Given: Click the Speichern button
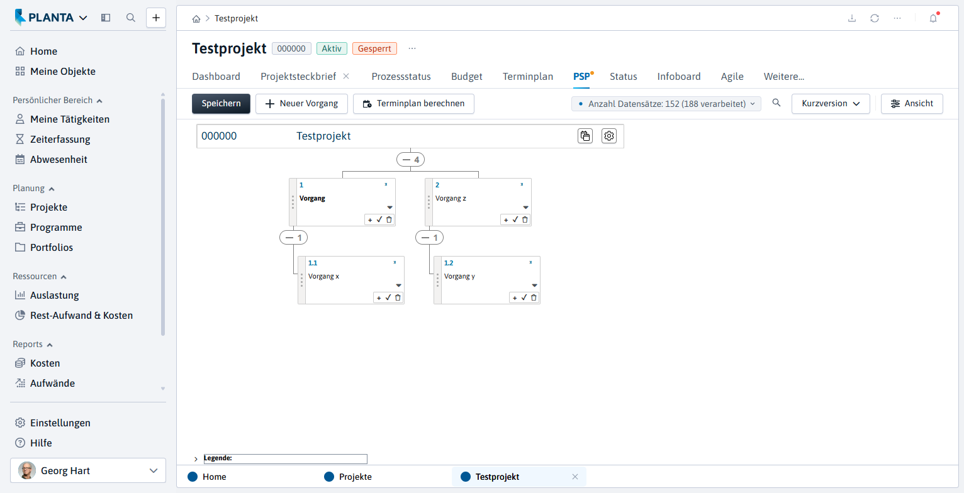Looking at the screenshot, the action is pyautogui.click(x=221, y=104).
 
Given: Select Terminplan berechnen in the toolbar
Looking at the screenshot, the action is pyautogui.click(x=413, y=104).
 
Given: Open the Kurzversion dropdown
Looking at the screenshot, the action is pyautogui.click(x=831, y=104).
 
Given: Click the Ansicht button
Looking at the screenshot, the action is pyautogui.click(x=912, y=104).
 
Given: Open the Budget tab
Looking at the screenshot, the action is pyautogui.click(x=466, y=77).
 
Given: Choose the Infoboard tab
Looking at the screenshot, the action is pyautogui.click(x=679, y=77).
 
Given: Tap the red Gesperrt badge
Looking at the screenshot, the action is pyautogui.click(x=374, y=48).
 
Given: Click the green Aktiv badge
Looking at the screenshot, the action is pyautogui.click(x=332, y=48).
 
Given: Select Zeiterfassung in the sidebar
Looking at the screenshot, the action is pyautogui.click(x=60, y=140).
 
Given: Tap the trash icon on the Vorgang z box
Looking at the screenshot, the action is pyautogui.click(x=525, y=220).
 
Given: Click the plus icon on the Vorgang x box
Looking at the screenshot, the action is pyautogui.click(x=379, y=297).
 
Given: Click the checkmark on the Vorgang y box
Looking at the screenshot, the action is pyautogui.click(x=524, y=297).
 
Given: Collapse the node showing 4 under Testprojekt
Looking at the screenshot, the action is pyautogui.click(x=410, y=160).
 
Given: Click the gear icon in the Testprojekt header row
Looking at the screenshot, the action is pyautogui.click(x=609, y=136).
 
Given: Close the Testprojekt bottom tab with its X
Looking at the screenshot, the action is pyautogui.click(x=575, y=477).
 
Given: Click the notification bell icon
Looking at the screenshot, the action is pyautogui.click(x=933, y=18).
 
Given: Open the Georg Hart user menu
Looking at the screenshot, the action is pyautogui.click(x=88, y=470).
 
